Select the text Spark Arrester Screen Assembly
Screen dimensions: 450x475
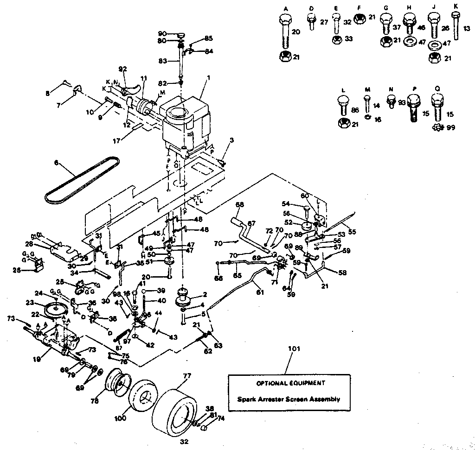[289, 399]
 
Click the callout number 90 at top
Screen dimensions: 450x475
[162, 33]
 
